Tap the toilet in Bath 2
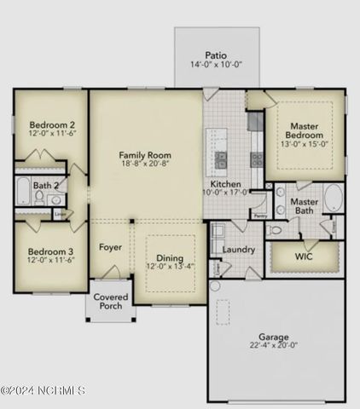(38, 198)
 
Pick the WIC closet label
(304, 256)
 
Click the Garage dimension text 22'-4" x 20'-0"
(274, 345)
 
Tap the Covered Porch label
(110, 302)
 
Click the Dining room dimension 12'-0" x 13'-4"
(170, 267)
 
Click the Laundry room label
(239, 250)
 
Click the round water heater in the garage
(215, 286)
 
